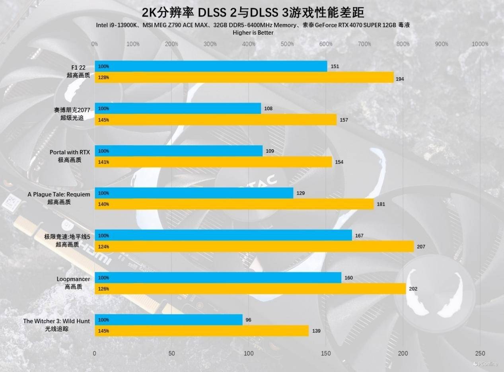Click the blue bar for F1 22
point(211,66)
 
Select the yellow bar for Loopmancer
point(250,288)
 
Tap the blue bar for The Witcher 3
point(168,320)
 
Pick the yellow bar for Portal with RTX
point(213,162)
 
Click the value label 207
point(421,247)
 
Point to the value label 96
point(249,320)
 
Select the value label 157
point(344,120)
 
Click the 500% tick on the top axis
point(287,44)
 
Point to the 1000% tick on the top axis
point(480,44)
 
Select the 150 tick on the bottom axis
point(326,353)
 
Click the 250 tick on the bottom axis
point(480,353)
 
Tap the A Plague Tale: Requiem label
point(59,194)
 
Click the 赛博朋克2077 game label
point(72,110)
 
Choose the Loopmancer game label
point(73,279)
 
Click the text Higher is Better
point(253,33)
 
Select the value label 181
point(381,204)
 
